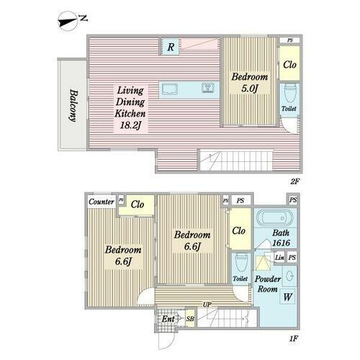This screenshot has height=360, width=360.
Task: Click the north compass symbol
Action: [68, 22]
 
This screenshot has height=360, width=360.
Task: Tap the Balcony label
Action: [73, 105]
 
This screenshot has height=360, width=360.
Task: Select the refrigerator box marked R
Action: [170, 47]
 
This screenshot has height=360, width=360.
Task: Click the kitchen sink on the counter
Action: [170, 89]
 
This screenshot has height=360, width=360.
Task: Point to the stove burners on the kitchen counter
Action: [208, 88]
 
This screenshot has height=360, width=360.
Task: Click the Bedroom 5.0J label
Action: [250, 83]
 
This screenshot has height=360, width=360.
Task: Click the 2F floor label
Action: [294, 181]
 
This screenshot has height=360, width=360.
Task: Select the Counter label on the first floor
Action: [102, 202]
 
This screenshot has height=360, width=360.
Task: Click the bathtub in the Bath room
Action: [275, 218]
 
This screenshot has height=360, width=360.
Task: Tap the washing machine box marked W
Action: [287, 297]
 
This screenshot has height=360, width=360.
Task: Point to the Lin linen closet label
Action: [279, 258]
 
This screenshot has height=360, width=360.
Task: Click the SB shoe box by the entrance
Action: [190, 318]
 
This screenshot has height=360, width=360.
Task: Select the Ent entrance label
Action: [168, 319]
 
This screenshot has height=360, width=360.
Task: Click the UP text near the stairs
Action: [207, 305]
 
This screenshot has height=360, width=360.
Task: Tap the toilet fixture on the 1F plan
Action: [240, 264]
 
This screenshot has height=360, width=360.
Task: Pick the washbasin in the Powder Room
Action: [290, 276]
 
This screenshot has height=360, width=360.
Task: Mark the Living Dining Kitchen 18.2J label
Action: [130, 108]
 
